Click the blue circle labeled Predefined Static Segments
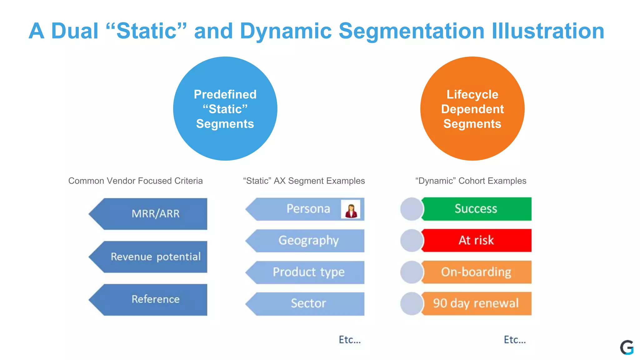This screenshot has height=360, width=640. tap(225, 109)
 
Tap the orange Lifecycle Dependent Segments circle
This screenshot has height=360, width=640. tap(472, 109)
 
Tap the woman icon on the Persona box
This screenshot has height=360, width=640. tap(351, 209)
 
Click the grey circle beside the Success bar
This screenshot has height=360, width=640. tap(412, 209)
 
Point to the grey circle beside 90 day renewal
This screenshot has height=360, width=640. tap(412, 303)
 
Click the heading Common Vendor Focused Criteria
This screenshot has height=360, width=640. tap(135, 181)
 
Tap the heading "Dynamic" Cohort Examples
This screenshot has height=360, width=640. tap(471, 181)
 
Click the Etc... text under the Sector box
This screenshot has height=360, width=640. tap(350, 340)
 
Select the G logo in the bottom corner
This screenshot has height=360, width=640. tap(627, 347)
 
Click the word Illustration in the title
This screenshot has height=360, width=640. tap(548, 31)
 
